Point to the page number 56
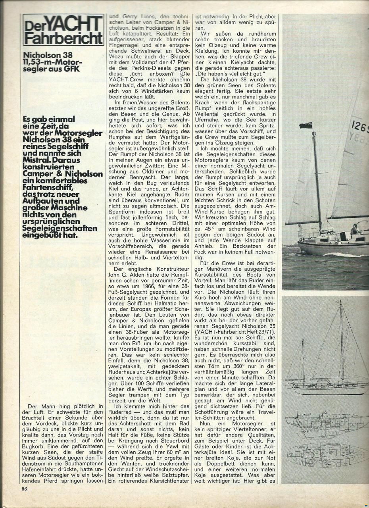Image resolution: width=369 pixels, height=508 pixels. point(25,489)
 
